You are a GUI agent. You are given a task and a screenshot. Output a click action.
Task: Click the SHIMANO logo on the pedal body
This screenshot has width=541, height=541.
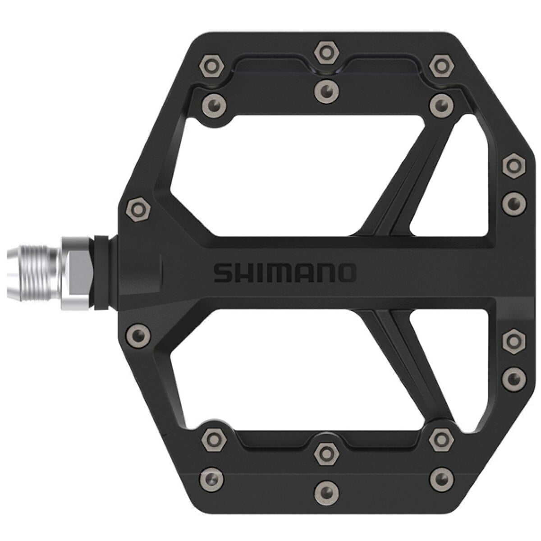tap(284, 272)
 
